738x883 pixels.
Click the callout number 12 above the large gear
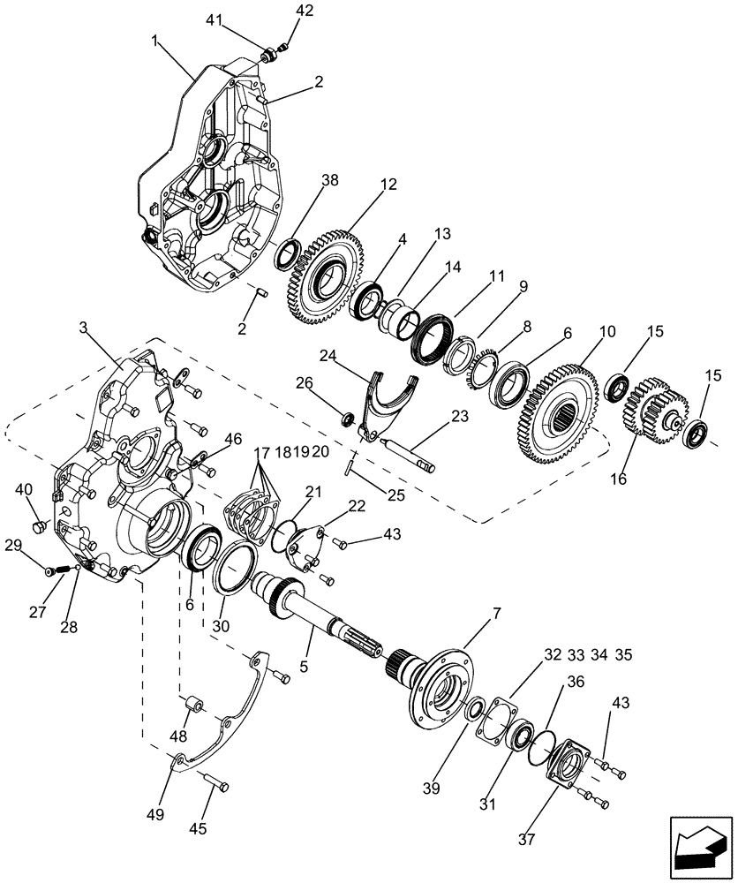click(x=389, y=185)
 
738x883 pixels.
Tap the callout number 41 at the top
click(x=215, y=19)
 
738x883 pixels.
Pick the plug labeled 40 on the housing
click(x=38, y=527)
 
